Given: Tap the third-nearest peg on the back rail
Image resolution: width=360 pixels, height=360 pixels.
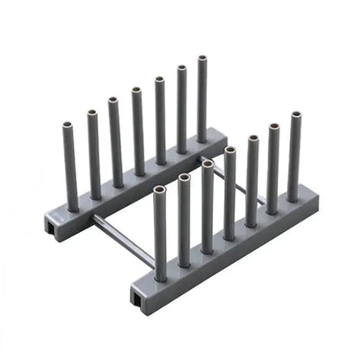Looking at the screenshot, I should tap(115, 143).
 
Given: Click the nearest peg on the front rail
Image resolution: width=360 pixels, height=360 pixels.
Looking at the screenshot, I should tap(160, 234).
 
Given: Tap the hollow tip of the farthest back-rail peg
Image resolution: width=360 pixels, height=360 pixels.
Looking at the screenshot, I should tap(202, 60).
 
